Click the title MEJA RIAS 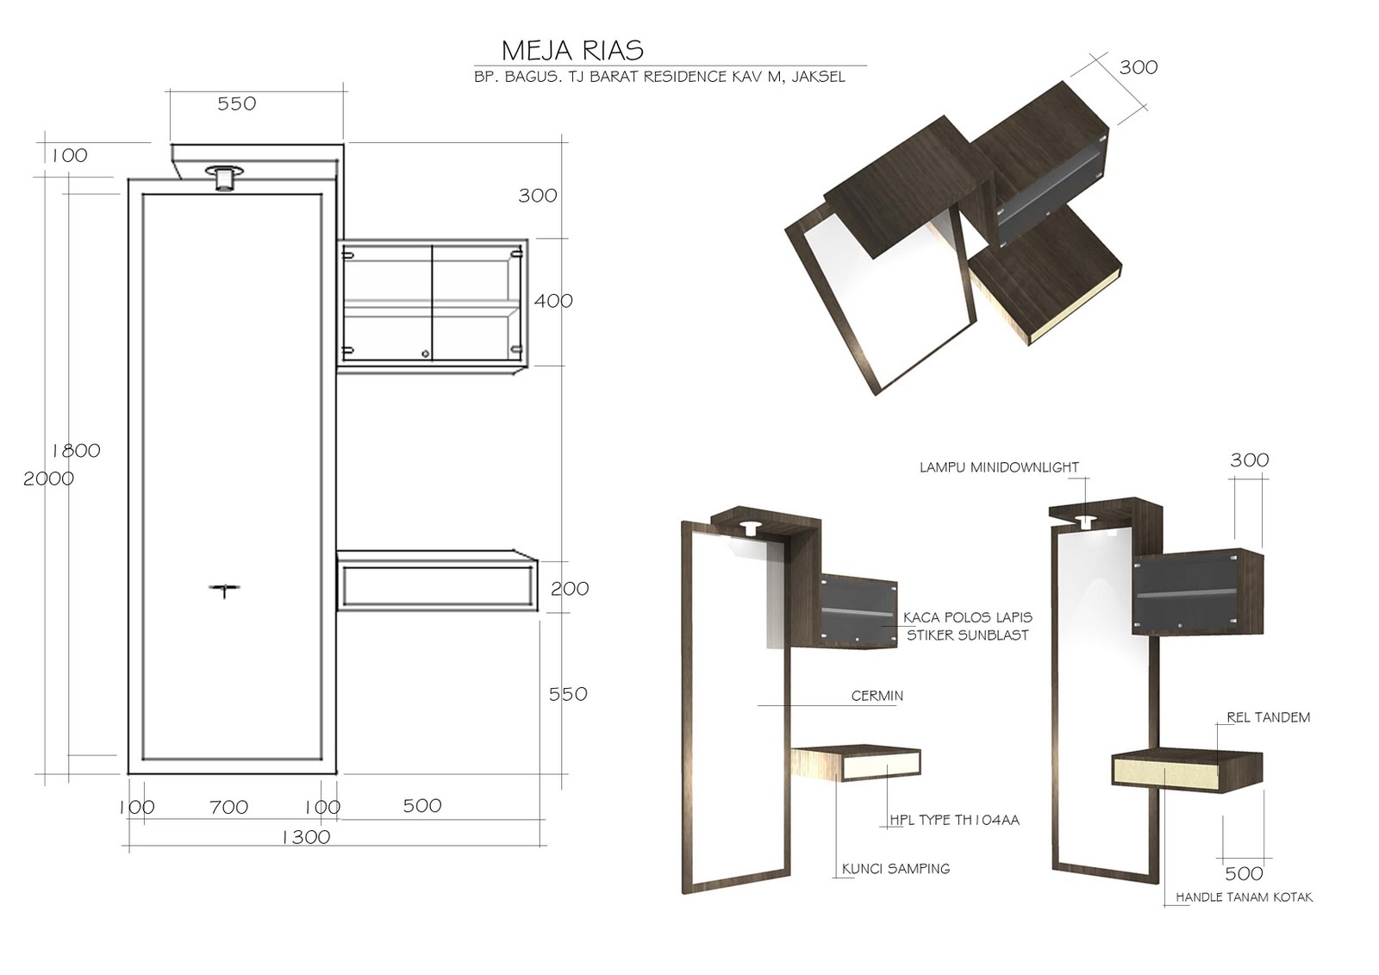(x=572, y=49)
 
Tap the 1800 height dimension (x=76, y=450)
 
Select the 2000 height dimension (x=48, y=478)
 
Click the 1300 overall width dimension (x=306, y=836)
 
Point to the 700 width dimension (x=228, y=807)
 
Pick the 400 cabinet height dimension (x=552, y=301)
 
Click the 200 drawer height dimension (x=570, y=589)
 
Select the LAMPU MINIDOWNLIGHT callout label (x=998, y=467)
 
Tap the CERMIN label (x=877, y=695)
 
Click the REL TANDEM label (x=1268, y=716)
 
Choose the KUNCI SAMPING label (x=895, y=868)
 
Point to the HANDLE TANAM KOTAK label (x=1244, y=897)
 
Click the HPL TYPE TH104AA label (x=954, y=820)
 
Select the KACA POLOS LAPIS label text (x=967, y=617)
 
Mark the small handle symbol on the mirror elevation (x=224, y=591)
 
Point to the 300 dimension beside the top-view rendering (x=1138, y=67)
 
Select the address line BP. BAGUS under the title (x=659, y=77)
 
